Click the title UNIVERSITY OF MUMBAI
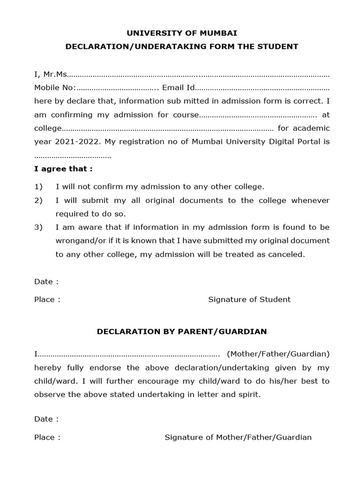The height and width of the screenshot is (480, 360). click(x=182, y=33)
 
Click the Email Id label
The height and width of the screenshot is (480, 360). click(x=178, y=88)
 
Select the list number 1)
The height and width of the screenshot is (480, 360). click(x=38, y=187)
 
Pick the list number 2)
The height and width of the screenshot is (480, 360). click(x=38, y=200)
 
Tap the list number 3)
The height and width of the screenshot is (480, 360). click(x=38, y=227)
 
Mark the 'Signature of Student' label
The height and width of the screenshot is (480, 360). click(x=249, y=300)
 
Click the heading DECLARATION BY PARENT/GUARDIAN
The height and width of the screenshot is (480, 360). click(x=182, y=331)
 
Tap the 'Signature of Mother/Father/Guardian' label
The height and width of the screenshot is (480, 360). click(x=238, y=437)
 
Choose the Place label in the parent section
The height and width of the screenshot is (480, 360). click(x=47, y=437)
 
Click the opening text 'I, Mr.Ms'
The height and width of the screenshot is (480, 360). click(x=51, y=75)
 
